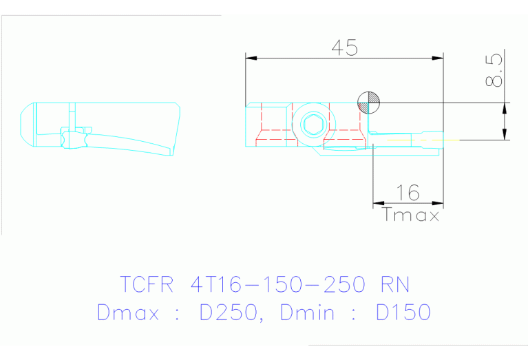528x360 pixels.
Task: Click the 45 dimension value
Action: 344,47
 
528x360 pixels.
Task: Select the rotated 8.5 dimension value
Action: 494,72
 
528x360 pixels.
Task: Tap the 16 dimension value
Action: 408,193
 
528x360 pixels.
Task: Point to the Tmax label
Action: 411,215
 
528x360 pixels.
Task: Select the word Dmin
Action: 308,313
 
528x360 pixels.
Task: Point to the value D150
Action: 403,313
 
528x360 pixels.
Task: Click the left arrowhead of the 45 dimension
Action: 251,58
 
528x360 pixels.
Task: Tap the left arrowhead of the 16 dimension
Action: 378,203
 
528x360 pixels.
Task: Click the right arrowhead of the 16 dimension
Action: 438,203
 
